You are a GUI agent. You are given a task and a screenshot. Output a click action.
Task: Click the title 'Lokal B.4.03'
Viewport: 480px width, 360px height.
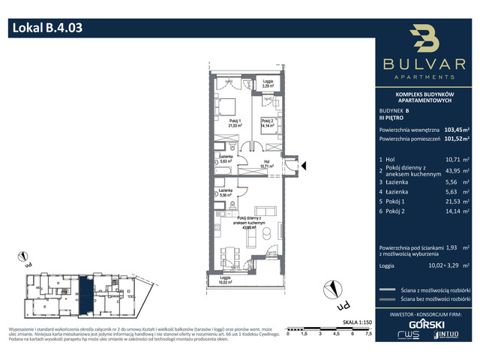tap(46, 29)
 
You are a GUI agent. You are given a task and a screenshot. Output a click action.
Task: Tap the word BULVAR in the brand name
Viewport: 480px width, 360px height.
tap(425, 66)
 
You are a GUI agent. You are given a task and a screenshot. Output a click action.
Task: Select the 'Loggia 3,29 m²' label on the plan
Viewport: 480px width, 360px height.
tap(268, 84)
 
